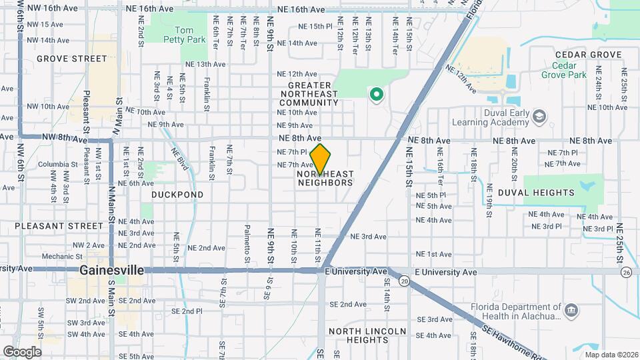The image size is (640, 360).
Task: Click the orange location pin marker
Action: click(321, 159)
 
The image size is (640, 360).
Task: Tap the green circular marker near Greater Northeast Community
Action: click(377, 95)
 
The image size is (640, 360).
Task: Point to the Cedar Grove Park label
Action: click(569, 70)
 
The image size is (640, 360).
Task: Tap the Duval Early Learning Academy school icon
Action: click(539, 117)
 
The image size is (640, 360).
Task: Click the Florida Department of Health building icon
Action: click(571, 311)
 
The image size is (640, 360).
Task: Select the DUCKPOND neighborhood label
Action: click(177, 195)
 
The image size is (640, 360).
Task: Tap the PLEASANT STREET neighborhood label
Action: click(51, 226)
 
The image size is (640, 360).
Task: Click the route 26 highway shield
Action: click(625, 272)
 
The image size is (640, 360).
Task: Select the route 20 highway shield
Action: click(405, 282)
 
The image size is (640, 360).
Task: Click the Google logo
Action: click(22, 351)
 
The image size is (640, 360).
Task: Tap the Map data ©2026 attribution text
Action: click(611, 355)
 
